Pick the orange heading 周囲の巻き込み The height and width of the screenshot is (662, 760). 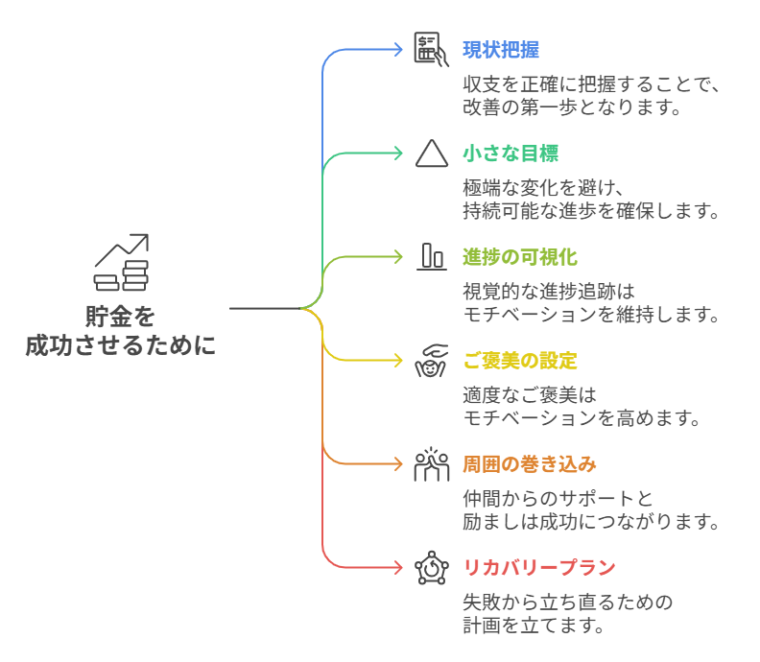[529, 464]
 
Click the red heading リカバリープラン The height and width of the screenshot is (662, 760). [538, 568]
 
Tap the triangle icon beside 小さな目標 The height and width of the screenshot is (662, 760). [432, 154]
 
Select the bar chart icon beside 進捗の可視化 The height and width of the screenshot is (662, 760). [432, 256]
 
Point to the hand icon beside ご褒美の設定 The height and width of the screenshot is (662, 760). [432, 360]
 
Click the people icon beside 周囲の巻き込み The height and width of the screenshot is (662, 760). [432, 464]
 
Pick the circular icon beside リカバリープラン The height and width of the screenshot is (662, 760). [432, 568]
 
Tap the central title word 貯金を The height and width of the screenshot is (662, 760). [121, 316]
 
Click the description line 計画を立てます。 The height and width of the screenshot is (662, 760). [534, 626]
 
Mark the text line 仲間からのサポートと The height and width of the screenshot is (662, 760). [558, 499]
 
